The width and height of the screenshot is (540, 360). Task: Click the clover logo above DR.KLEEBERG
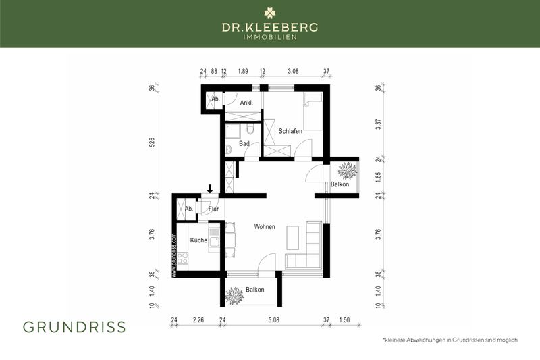[270, 12]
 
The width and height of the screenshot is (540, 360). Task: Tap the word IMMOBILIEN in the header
[270, 37]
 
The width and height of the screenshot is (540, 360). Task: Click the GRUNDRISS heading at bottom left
[74, 327]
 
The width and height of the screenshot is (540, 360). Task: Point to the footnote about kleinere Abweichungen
[450, 340]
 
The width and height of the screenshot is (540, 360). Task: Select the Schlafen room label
[290, 131]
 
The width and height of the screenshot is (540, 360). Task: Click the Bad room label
[244, 144]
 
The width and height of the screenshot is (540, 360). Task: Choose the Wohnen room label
[265, 227]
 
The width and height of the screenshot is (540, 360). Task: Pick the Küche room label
[198, 240]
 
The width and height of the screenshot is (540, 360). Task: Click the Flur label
[213, 209]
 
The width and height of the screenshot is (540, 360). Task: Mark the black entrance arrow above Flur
[210, 188]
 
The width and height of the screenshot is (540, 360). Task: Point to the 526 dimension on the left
[153, 143]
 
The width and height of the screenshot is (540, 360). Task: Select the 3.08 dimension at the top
[294, 70]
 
